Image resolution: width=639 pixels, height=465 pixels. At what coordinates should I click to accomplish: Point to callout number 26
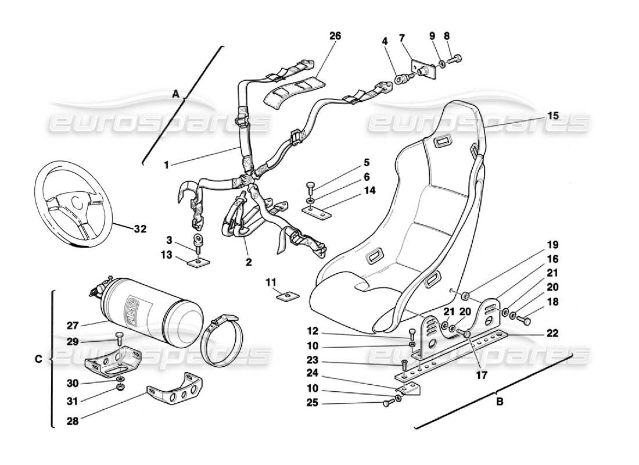pyautogui.click(x=335, y=36)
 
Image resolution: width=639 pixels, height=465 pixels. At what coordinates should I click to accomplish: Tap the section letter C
pyautogui.click(x=38, y=359)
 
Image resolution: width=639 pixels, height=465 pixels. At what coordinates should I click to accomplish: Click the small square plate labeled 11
pyautogui.click(x=284, y=296)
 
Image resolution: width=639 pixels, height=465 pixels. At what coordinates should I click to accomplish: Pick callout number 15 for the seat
pyautogui.click(x=552, y=116)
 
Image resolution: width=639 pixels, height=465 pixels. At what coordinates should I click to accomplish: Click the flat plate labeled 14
pyautogui.click(x=316, y=213)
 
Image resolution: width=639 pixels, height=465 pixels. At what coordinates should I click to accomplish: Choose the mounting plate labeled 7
pyautogui.click(x=423, y=70)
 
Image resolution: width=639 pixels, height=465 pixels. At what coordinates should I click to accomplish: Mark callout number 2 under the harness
pyautogui.click(x=248, y=262)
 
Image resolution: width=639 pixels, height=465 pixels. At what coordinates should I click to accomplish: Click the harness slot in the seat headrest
pyautogui.click(x=446, y=141)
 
